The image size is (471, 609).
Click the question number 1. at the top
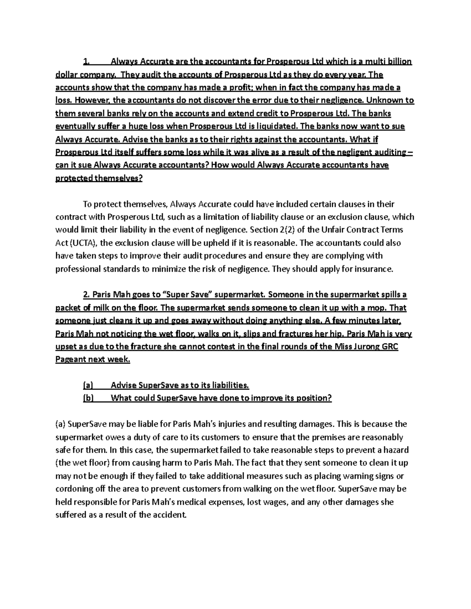click(86, 62)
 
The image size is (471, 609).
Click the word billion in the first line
click(399, 62)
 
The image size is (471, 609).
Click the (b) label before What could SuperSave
click(88, 398)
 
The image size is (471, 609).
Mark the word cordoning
click(73, 489)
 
